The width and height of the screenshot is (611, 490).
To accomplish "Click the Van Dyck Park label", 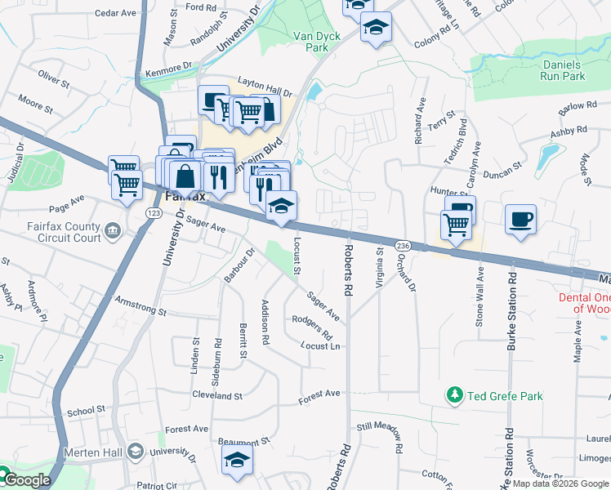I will click(x=310, y=42).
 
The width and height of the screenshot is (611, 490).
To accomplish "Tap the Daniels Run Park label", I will click(x=563, y=70).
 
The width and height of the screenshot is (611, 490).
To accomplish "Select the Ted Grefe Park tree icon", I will click(x=455, y=396).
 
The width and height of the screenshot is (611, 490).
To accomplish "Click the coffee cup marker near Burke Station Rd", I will click(x=520, y=220).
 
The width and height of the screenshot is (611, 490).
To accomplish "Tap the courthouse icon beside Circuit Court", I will click(x=113, y=234).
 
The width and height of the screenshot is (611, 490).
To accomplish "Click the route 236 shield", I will click(x=402, y=245).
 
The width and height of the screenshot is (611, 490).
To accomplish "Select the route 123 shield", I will click(x=154, y=212).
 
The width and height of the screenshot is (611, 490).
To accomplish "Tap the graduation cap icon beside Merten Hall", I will click(x=136, y=451).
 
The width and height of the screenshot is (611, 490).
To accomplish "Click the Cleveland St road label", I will click(x=217, y=395).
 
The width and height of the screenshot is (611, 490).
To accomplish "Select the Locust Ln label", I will click(x=320, y=346).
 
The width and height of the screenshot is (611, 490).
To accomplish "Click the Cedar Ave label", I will click(x=115, y=13).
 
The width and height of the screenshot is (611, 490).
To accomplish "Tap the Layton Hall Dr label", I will click(x=265, y=91).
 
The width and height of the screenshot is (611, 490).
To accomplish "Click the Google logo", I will click(x=27, y=479).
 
